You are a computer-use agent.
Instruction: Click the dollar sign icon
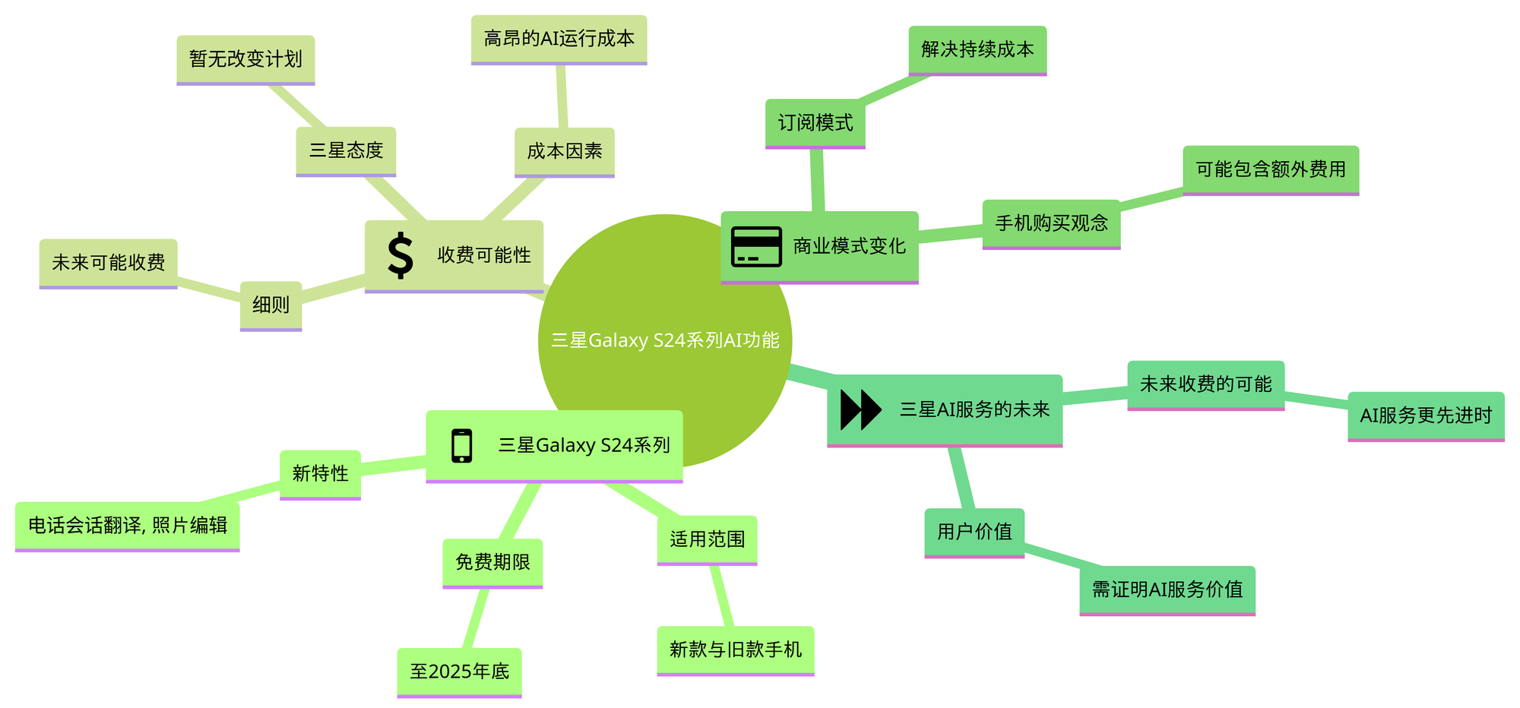pos(401,255)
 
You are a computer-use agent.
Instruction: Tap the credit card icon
pos(755,246)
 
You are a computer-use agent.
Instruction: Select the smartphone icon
pos(461,445)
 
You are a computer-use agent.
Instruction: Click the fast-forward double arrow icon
pos(860,409)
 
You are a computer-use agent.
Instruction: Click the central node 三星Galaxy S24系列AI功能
pos(665,340)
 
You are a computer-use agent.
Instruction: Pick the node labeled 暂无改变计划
pos(245,59)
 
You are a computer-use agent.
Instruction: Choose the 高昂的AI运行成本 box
pos(559,39)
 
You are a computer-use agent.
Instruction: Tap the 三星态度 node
pos(346,150)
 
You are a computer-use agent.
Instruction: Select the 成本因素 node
pos(564,151)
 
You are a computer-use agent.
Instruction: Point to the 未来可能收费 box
pos(108,263)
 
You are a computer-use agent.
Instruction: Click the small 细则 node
pos(271,305)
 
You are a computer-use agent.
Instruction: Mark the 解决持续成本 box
pos(977,50)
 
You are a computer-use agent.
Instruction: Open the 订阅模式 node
pos(815,123)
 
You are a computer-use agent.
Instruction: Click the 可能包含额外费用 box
pos(1270,169)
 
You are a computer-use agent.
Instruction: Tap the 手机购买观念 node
pos(1051,223)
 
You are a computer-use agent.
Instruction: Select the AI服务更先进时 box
pos(1426,416)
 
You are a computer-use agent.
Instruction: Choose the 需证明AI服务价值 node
pos(1167,589)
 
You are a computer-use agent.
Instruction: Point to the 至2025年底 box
pos(459,672)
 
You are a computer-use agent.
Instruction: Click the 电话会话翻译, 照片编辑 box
pos(127,526)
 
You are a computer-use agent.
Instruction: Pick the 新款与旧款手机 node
pos(735,650)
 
